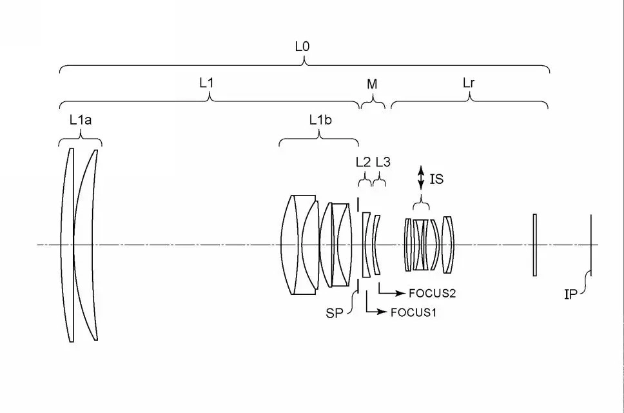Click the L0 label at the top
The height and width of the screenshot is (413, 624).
click(x=302, y=46)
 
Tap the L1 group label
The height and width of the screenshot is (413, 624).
click(x=206, y=83)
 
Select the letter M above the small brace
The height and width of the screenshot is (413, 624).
click(x=372, y=84)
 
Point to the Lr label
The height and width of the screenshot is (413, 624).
click(x=469, y=83)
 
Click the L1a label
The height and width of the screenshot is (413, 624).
click(x=81, y=120)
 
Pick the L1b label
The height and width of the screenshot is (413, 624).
click(x=320, y=120)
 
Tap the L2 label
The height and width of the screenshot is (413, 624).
click(x=363, y=162)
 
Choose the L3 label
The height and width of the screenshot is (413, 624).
click(x=383, y=162)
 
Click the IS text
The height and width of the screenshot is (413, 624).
click(x=436, y=179)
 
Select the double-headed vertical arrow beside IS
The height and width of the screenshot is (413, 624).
click(x=421, y=178)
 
